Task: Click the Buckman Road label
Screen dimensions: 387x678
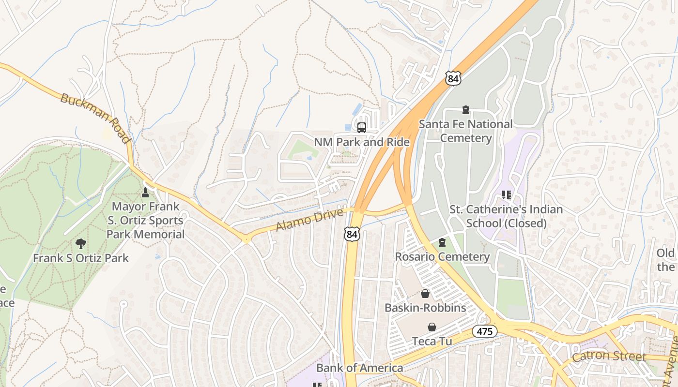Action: click(95, 119)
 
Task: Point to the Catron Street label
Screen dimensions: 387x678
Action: click(609, 357)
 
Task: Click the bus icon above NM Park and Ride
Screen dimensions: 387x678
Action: click(362, 128)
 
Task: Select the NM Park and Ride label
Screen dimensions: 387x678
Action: click(362, 142)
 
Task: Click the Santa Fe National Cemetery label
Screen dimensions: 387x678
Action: click(465, 131)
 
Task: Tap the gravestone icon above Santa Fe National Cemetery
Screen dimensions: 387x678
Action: click(466, 110)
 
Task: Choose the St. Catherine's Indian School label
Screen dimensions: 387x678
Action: click(506, 216)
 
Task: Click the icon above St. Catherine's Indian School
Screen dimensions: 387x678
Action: click(507, 195)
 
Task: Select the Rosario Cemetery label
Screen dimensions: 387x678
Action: click(442, 256)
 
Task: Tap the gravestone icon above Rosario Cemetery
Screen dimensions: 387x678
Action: click(442, 242)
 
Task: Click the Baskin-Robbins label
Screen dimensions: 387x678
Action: click(425, 308)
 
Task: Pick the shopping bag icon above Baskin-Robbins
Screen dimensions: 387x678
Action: click(425, 294)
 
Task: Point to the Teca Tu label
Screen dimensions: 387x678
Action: click(432, 341)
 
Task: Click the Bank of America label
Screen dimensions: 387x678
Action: click(359, 368)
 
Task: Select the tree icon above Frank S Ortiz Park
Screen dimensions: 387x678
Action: click(81, 244)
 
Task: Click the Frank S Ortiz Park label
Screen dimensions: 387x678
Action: click(81, 258)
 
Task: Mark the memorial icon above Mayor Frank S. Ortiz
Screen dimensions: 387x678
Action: click(145, 193)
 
